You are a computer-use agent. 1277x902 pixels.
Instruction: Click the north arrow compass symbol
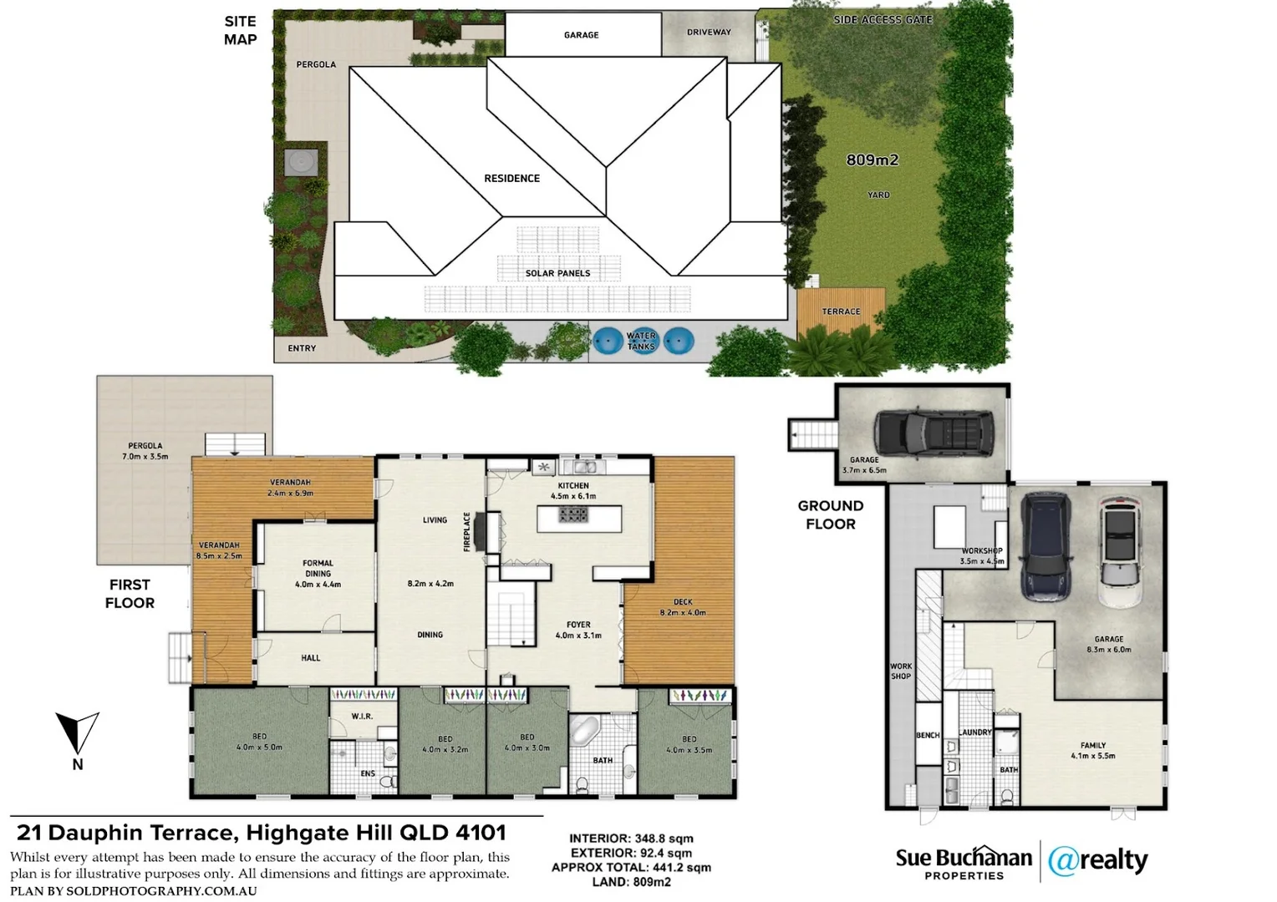coord(77,734)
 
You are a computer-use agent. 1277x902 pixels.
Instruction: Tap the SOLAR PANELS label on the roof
coord(557,273)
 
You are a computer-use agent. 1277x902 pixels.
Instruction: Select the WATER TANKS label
coord(641,341)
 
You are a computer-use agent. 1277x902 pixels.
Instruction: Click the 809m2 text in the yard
coord(872,160)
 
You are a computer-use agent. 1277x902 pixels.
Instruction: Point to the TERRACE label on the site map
coord(841,312)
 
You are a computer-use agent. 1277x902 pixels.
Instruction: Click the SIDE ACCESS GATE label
coord(883,19)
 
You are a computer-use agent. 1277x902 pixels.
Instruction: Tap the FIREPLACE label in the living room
coord(468,532)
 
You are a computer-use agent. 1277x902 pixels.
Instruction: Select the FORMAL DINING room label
coord(318,568)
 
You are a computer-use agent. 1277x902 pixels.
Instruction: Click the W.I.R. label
coord(362,717)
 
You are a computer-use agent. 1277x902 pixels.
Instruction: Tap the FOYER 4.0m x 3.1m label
coord(577,630)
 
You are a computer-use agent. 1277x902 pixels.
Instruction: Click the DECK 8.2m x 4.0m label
coord(683,607)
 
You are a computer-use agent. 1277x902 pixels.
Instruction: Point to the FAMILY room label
coord(1092,750)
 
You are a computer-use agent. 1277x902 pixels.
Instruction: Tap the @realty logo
coord(1097,860)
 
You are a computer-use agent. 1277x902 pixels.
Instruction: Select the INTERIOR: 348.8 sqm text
coord(631,839)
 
